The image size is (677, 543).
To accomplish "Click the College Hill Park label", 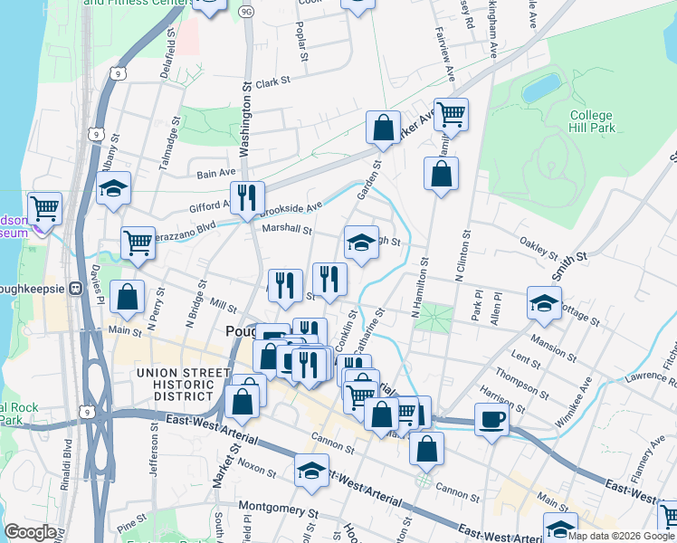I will click(x=593, y=122).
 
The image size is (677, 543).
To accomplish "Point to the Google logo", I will click(x=30, y=532).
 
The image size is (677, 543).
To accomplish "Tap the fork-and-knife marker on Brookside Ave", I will click(x=244, y=196).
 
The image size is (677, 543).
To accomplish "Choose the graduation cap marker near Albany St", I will click(x=113, y=188).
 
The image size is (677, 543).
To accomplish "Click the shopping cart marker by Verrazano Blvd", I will click(x=138, y=242).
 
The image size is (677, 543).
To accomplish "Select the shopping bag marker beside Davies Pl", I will click(x=127, y=296).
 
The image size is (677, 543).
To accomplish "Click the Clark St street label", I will click(x=272, y=82).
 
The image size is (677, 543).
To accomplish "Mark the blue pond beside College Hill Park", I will click(x=540, y=89).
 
